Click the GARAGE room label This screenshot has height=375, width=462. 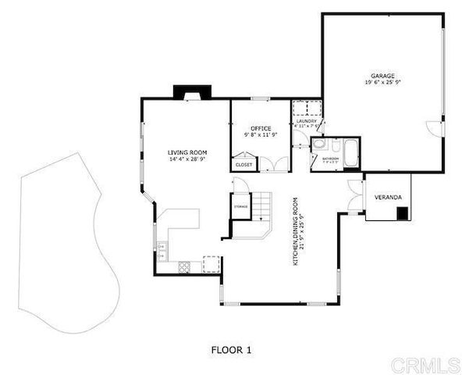click(x=382, y=75)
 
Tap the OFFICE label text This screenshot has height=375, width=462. click(x=260, y=128)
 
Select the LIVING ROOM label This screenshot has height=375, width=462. click(x=186, y=152)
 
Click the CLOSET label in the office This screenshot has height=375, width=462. click(x=243, y=165)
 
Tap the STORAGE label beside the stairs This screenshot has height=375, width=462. click(x=240, y=206)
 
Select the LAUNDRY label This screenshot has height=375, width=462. click(x=305, y=122)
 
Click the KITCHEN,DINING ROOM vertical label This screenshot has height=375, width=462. click(x=296, y=232)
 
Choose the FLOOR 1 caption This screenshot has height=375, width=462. click(x=231, y=349)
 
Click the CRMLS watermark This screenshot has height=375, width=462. click(x=425, y=365)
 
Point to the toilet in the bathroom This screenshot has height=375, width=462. click(x=333, y=145)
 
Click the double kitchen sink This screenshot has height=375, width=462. click(x=162, y=250)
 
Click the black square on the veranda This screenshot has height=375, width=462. click(x=402, y=213)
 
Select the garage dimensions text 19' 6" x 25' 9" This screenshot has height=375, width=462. click(x=382, y=82)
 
